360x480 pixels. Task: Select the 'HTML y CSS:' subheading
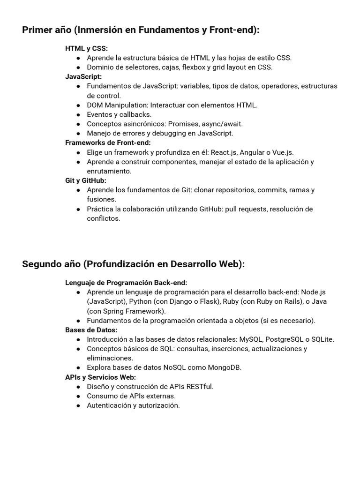(x=86, y=48)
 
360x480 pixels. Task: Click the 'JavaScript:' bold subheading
(x=83, y=76)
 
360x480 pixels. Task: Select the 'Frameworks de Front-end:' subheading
(x=108, y=142)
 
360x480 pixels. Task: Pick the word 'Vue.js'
(x=283, y=152)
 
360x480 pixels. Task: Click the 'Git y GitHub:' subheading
(x=86, y=180)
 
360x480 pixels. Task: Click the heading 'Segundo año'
(x=51, y=264)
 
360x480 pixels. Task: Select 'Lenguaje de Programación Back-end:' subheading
(x=126, y=283)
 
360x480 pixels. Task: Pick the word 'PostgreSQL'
(x=284, y=339)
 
